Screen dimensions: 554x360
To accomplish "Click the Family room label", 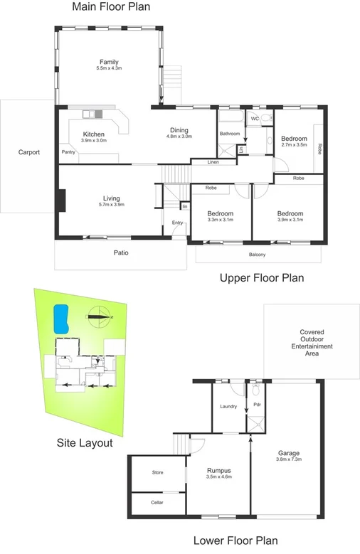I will pos(109,62).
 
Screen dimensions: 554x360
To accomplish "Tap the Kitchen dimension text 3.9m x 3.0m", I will pos(94,141).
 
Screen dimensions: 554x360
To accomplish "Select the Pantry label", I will pos(68,151).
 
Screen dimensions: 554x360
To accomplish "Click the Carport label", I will pos(29,152).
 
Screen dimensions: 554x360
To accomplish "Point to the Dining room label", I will pos(179,129).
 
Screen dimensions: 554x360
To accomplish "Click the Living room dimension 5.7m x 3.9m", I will pos(110,205).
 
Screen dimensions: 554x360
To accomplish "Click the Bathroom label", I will pos(229,134).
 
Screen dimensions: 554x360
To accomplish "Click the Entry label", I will pos(177,223).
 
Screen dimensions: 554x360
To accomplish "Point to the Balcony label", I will pos(258,254).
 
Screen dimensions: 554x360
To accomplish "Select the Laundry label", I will pos(228,406).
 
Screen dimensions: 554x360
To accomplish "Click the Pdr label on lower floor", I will pos(258,406).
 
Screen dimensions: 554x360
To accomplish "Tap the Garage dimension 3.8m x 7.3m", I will pos(287,459).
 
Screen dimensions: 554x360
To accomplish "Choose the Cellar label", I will pos(157,502).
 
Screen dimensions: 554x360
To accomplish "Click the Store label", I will pos(157,472).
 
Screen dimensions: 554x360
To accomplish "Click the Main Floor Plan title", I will pos(111,8).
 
